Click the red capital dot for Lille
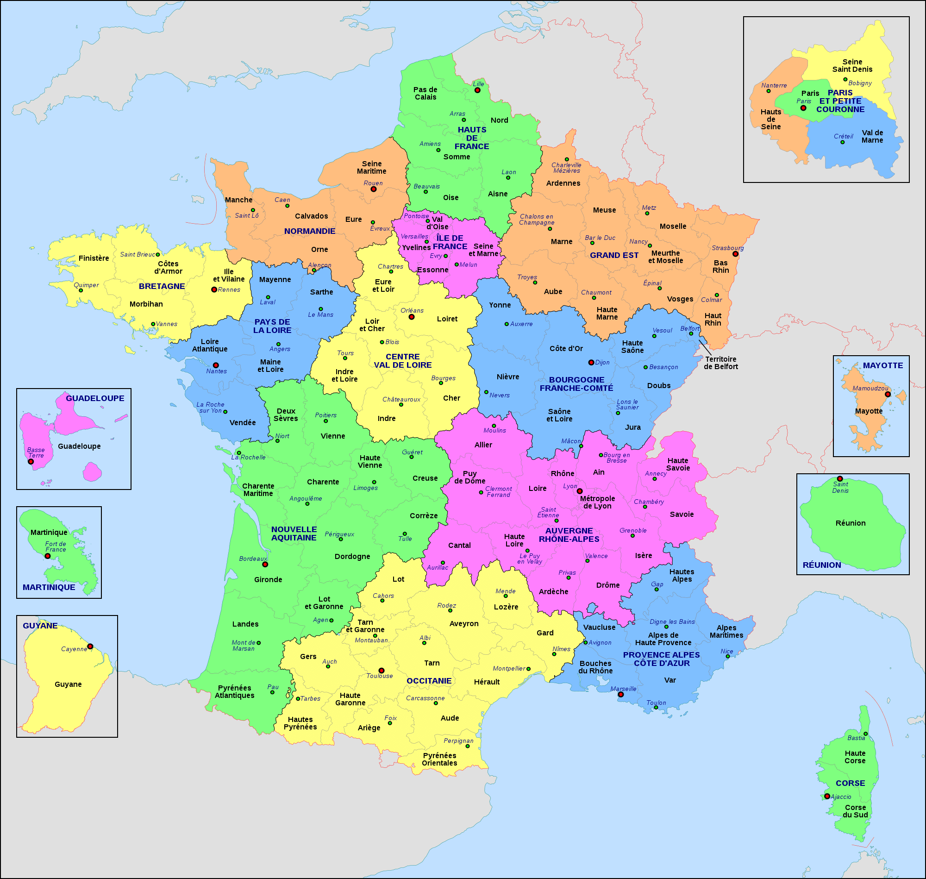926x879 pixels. pyautogui.click(x=477, y=90)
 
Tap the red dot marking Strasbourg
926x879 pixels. pyautogui.click(x=735, y=254)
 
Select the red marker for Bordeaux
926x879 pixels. pyautogui.click(x=265, y=565)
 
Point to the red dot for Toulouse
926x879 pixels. pyautogui.click(x=381, y=671)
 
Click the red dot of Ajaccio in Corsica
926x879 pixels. pyautogui.click(x=827, y=796)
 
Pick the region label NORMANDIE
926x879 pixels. pyautogui.click(x=310, y=231)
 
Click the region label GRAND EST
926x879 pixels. pyautogui.click(x=614, y=255)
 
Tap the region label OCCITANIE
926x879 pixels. pyautogui.click(x=429, y=681)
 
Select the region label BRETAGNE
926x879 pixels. pyautogui.click(x=162, y=286)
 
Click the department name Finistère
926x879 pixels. pyautogui.click(x=94, y=258)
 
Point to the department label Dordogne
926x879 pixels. pyautogui.click(x=352, y=557)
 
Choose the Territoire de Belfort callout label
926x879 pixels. pyautogui.click(x=720, y=363)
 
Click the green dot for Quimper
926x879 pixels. pyautogui.click(x=81, y=290)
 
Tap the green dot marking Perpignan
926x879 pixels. pyautogui.click(x=468, y=746)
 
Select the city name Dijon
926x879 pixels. pyautogui.click(x=602, y=362)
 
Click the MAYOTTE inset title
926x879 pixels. pyautogui.click(x=883, y=365)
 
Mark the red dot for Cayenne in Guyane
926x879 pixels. pyautogui.click(x=90, y=646)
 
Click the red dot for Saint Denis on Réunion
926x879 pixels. pyautogui.click(x=840, y=479)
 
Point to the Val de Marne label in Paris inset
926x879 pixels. pyautogui.click(x=872, y=136)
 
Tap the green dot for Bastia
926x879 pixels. pyautogui.click(x=865, y=734)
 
